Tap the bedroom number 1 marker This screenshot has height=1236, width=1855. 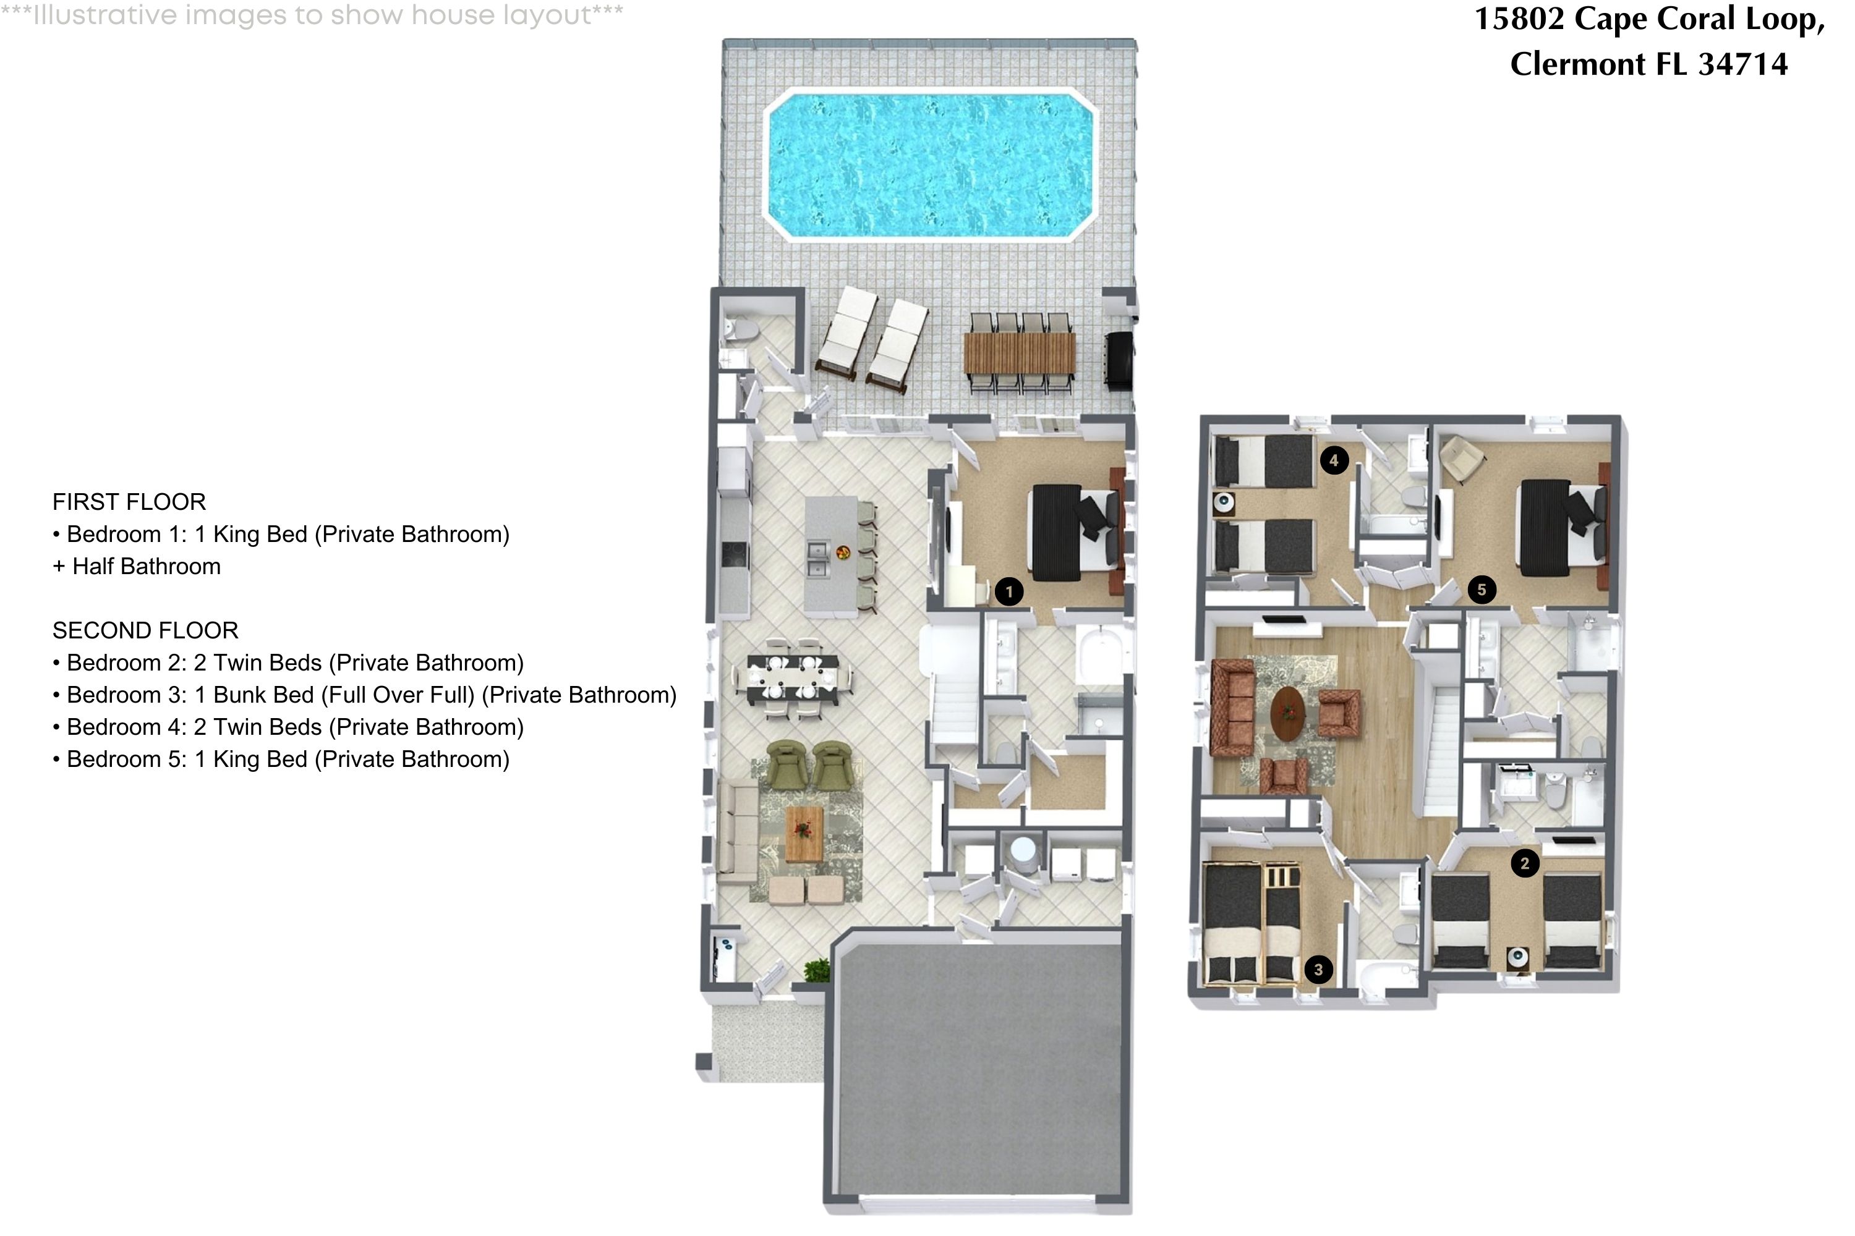tap(1009, 591)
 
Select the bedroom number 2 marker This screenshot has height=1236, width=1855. tap(1525, 863)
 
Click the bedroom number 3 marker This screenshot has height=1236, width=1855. tap(1318, 970)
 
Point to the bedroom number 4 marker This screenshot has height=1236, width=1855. tap(1334, 460)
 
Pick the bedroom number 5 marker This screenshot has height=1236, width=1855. tap(1481, 590)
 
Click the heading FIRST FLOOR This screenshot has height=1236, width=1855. tap(129, 502)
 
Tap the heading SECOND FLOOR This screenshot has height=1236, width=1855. tap(145, 630)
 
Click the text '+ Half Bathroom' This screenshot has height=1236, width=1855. tap(137, 567)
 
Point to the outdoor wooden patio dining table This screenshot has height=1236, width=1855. tap(1019, 353)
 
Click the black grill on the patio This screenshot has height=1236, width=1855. tap(1119, 360)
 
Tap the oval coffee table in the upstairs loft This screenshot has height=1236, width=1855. tap(1289, 713)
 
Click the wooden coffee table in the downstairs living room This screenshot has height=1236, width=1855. tap(804, 834)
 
